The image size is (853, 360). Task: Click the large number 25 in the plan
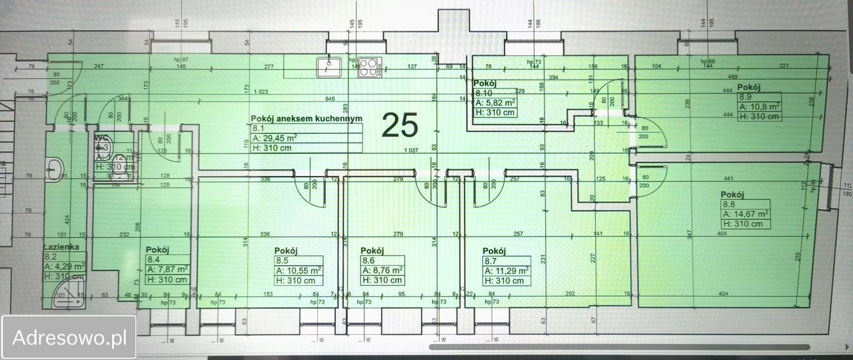pyautogui.click(x=400, y=125)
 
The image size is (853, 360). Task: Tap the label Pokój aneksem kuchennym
pyautogui.click(x=307, y=118)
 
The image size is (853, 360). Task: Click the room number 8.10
pyautogui.click(x=483, y=93)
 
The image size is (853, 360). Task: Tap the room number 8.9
pyautogui.click(x=745, y=97)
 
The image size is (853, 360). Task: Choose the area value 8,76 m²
pyautogui.click(x=382, y=271)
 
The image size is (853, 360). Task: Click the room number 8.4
pyautogui.click(x=153, y=259)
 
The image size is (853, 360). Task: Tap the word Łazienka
pyautogui.click(x=62, y=246)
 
